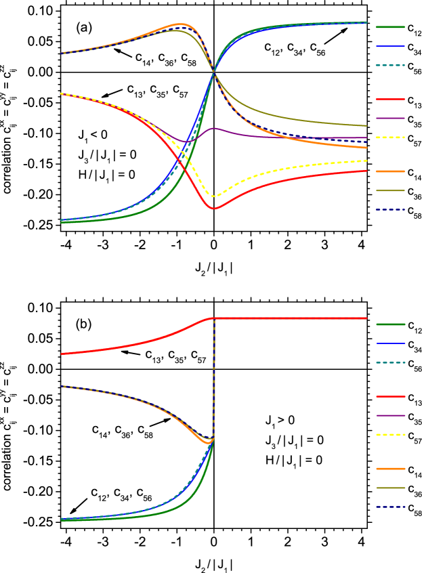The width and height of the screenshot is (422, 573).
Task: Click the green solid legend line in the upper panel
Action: [x=390, y=27]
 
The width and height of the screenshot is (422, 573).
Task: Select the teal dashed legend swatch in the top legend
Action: [x=390, y=66]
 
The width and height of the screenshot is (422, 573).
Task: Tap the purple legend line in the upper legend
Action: [x=390, y=119]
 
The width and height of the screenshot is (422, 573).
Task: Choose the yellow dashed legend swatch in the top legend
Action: [x=390, y=137]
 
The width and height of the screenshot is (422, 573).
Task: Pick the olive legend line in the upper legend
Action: [x=390, y=190]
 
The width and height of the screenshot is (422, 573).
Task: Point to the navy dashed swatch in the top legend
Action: [x=390, y=210]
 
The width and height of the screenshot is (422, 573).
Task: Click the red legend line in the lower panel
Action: [x=390, y=396]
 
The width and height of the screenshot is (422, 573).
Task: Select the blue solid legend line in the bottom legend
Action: [x=390, y=343]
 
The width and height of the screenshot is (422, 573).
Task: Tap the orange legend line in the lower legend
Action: [x=390, y=469]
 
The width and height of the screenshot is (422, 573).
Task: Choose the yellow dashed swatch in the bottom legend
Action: [x=390, y=435]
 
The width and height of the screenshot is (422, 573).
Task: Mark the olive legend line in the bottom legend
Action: [x=390, y=488]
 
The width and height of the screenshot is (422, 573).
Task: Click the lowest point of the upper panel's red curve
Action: [x=214, y=209]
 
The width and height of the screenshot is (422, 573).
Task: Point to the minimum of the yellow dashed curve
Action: [x=214, y=196]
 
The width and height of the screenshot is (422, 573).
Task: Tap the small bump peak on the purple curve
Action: [x=214, y=128]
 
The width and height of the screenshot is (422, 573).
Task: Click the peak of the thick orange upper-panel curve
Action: [x=180, y=24]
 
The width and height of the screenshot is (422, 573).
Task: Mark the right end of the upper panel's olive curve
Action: [x=366, y=126]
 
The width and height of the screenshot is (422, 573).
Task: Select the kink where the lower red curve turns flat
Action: [x=211, y=318]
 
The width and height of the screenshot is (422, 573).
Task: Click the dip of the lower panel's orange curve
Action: [x=208, y=443]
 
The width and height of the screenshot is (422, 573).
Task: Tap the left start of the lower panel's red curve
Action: [x=62, y=354]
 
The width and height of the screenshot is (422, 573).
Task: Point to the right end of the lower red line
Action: [x=366, y=318]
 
